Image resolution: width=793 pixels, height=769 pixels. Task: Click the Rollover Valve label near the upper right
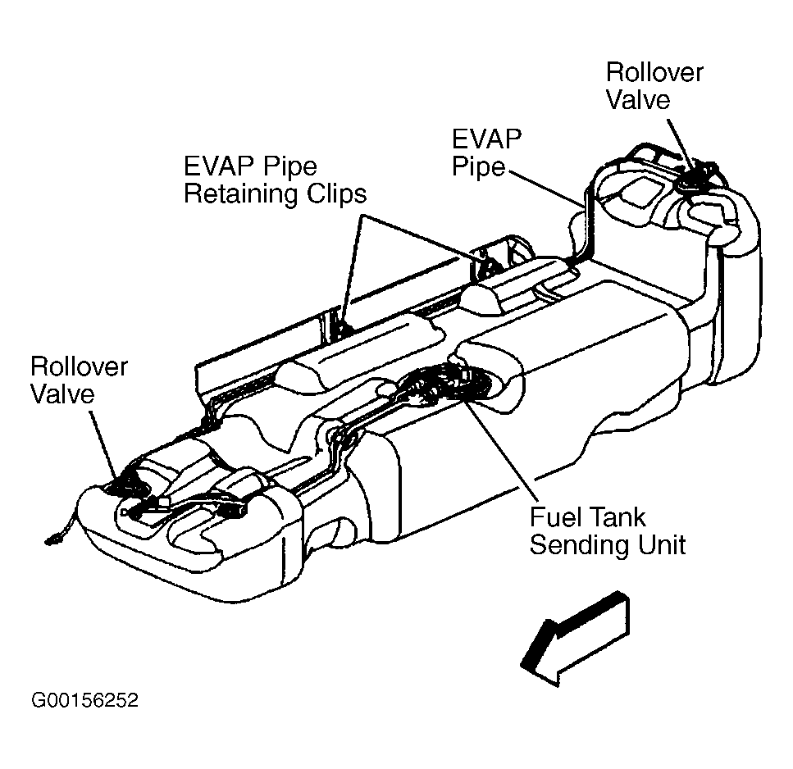click(654, 86)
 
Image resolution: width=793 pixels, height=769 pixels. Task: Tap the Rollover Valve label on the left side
click(79, 380)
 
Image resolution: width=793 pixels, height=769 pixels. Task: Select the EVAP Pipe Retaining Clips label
click(275, 180)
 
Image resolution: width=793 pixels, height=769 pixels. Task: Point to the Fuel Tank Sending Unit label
click(608, 531)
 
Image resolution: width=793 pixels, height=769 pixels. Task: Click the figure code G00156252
click(84, 700)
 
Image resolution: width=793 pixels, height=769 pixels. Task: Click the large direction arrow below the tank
click(576, 638)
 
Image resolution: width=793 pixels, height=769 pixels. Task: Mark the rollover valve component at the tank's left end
click(124, 483)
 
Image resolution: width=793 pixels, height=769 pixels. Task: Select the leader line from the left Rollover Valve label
click(103, 443)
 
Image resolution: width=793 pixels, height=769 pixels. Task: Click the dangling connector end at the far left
click(51, 541)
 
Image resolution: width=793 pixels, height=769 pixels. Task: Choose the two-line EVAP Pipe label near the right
click(486, 152)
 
